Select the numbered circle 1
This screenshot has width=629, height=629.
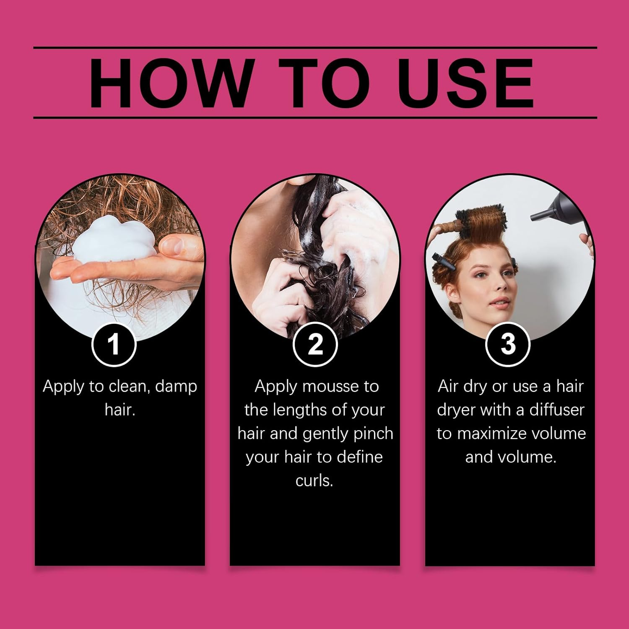(x=114, y=344)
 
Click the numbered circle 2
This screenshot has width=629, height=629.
(x=315, y=344)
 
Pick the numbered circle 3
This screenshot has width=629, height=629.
(x=508, y=344)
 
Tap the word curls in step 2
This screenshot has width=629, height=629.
(x=314, y=480)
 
